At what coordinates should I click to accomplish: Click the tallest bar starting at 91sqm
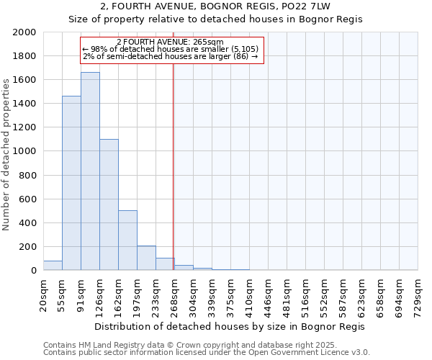[x=90, y=171]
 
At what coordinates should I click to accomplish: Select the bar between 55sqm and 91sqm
[x=71, y=183]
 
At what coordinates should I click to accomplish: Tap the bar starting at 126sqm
[x=109, y=204]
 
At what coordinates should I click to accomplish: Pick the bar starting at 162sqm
[x=127, y=240]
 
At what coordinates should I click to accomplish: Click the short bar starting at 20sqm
[x=53, y=266]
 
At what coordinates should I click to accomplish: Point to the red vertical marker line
[x=174, y=166]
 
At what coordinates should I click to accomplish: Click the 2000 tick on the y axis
[x=25, y=32]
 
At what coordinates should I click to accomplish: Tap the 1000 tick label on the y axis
[x=25, y=151]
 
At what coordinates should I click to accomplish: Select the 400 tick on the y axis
[x=28, y=223]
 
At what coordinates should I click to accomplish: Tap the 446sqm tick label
[x=268, y=294]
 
